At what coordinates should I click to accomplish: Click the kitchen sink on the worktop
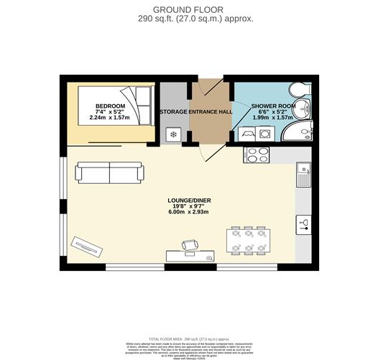(303, 175)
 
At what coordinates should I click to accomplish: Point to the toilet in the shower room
(300, 91)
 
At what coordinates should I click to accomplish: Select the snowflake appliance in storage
(172, 134)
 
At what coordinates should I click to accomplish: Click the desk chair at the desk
(189, 246)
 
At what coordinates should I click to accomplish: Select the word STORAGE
(173, 112)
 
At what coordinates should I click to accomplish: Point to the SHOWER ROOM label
(273, 106)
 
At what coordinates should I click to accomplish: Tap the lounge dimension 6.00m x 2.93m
(188, 213)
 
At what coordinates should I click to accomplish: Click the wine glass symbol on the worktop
(303, 223)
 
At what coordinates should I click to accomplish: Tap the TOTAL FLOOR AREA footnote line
(188, 338)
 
